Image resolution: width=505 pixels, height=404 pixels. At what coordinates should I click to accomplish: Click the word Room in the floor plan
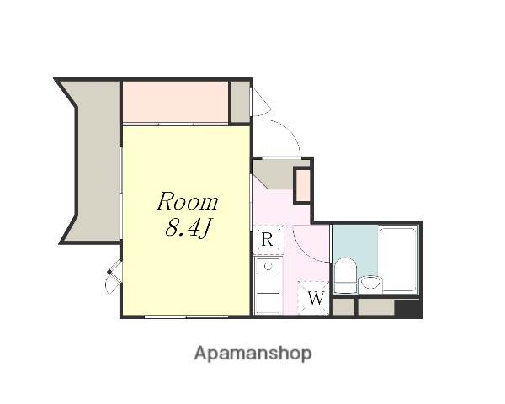click(x=187, y=201)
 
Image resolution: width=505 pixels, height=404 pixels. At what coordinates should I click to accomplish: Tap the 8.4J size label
click(x=188, y=228)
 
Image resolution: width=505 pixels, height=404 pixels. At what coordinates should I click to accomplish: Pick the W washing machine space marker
click(x=315, y=298)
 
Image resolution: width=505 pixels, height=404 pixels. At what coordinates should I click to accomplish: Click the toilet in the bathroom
click(x=345, y=275)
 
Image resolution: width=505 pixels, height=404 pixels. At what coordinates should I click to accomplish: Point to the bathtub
click(x=398, y=260)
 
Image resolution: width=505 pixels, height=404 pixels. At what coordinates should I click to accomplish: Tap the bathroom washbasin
click(x=370, y=284)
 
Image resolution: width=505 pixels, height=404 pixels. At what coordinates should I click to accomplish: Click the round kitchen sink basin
click(x=268, y=266)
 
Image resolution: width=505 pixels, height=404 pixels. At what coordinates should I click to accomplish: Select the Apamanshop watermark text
click(x=252, y=353)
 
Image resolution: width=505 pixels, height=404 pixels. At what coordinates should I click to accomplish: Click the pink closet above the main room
click(x=176, y=102)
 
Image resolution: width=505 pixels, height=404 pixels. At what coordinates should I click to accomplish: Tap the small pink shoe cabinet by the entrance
click(x=303, y=186)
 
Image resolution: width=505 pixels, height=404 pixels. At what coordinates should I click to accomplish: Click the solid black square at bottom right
click(x=407, y=308)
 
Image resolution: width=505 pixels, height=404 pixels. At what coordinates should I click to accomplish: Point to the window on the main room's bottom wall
click(x=186, y=316)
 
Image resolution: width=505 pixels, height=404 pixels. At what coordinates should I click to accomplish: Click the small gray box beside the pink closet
click(x=241, y=102)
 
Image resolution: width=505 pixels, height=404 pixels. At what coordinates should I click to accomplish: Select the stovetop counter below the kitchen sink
click(x=268, y=303)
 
